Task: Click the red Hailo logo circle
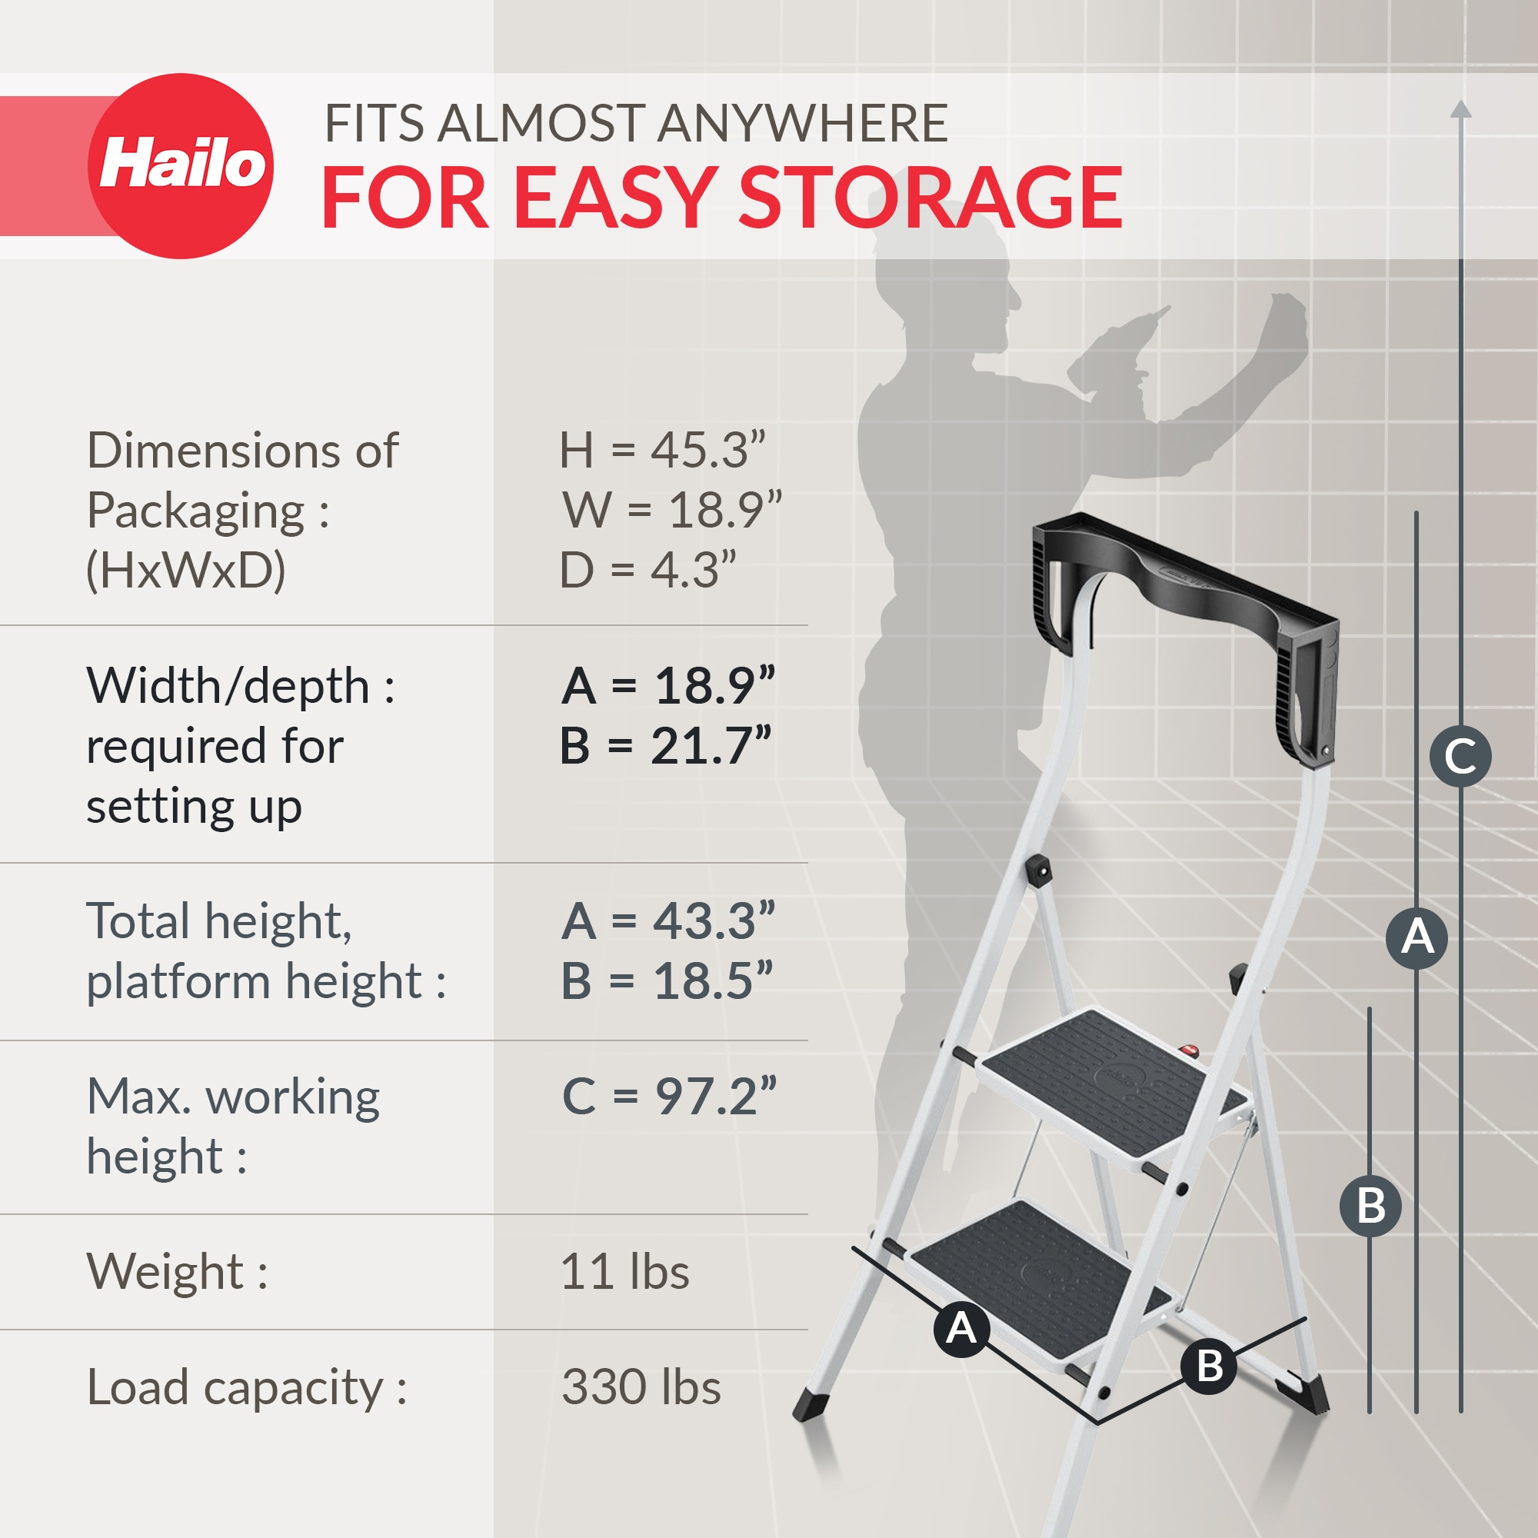point(181,165)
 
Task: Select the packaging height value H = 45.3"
point(661,451)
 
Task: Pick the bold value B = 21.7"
point(665,746)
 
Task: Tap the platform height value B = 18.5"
point(666,980)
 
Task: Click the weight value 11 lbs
point(624,1271)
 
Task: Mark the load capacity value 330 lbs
point(641,1387)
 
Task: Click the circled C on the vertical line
point(1460,756)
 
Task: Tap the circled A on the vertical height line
point(1416,937)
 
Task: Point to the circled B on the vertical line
point(1370,1205)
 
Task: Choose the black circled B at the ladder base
point(1209,1366)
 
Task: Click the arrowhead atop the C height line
point(1461,110)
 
